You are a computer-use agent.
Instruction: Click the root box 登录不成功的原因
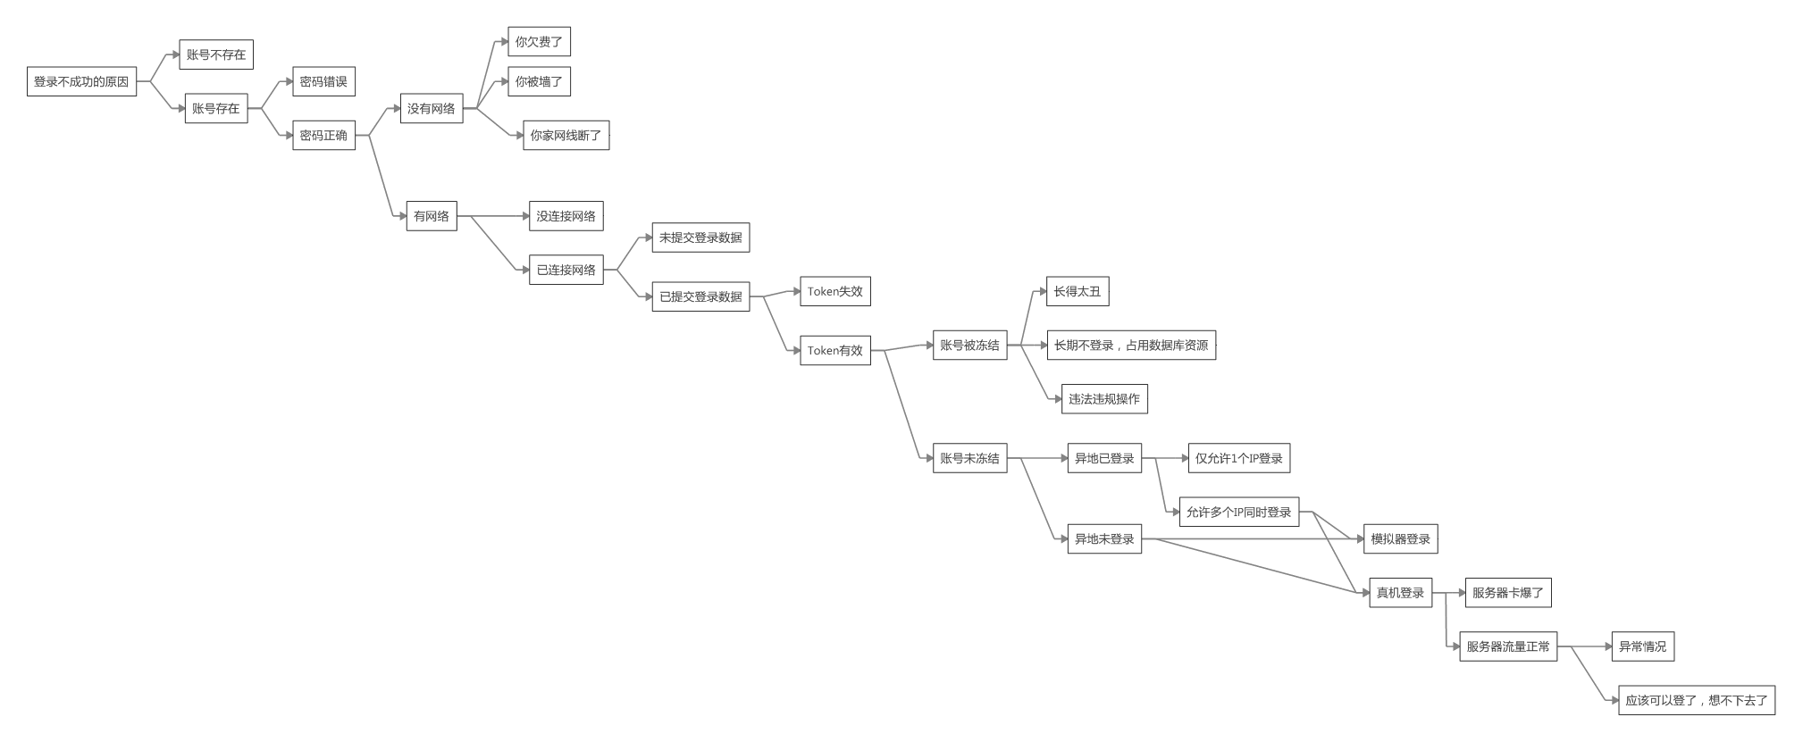(x=81, y=81)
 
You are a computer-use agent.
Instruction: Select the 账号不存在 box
(x=216, y=54)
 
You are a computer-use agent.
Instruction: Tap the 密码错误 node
(x=323, y=81)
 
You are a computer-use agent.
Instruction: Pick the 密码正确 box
(x=323, y=135)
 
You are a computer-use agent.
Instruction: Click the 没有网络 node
(x=432, y=108)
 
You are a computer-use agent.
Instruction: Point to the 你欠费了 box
(x=539, y=41)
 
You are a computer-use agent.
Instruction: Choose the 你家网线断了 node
(x=566, y=135)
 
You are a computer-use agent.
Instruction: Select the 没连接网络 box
(x=566, y=216)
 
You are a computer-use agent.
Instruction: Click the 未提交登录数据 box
(x=700, y=238)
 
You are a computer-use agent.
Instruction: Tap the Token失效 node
(x=835, y=291)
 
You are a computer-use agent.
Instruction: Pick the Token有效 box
(x=835, y=350)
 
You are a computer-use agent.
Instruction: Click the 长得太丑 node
(x=1078, y=291)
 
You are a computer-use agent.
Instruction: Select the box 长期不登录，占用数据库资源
(x=1131, y=345)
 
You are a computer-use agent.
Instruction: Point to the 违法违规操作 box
(x=1104, y=398)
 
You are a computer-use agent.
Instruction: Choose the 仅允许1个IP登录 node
(x=1238, y=458)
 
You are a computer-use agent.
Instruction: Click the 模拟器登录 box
(x=1400, y=538)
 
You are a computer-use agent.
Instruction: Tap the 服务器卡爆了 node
(x=1508, y=592)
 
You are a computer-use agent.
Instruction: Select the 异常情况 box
(x=1642, y=646)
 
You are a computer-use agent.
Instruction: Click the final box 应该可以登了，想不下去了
(x=1697, y=700)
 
